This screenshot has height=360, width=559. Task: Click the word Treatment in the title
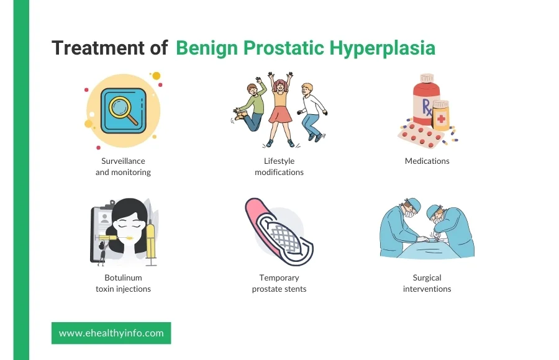tap(98, 48)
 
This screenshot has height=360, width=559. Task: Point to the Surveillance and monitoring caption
tap(123, 166)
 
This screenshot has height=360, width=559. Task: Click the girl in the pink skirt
tap(280, 109)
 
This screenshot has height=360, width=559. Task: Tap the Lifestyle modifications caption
tap(279, 166)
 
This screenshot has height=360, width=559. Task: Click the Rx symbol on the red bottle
tap(427, 107)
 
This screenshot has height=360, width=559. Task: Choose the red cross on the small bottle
tap(441, 119)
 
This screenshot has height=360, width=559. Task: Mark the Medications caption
tap(427, 161)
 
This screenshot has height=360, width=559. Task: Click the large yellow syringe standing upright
tap(151, 239)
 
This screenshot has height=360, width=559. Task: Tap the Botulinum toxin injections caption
tap(123, 283)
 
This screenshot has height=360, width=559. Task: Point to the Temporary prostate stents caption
tap(279, 283)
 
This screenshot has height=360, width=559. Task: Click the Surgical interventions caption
tap(427, 283)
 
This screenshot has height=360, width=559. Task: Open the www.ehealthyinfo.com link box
tap(111, 333)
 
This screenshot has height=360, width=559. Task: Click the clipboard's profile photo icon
tap(104, 218)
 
